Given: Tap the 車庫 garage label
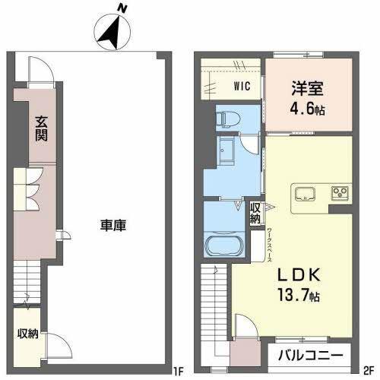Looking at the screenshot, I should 112,225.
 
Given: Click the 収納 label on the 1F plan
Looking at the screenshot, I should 28,334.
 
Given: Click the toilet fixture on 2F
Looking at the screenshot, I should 226,118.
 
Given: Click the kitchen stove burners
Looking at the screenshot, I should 339,192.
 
